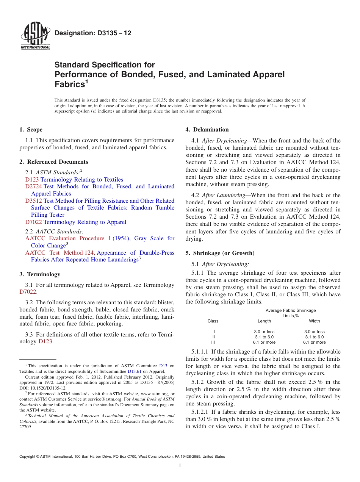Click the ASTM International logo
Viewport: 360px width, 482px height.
pyautogui.click(x=35, y=37)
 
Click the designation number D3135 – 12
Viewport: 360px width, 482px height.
pyautogui.click(x=93, y=33)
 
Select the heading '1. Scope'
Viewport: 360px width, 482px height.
pyautogui.click(x=31, y=130)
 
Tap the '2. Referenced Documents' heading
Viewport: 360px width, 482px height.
pyautogui.click(x=53, y=162)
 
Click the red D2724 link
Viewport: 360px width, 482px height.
pyautogui.click(x=34, y=186)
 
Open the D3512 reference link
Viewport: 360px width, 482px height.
pyautogui.click(x=34, y=201)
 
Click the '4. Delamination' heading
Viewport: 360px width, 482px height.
pyautogui.click(x=207, y=130)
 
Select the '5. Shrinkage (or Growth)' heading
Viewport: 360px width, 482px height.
pyautogui.click(x=220, y=253)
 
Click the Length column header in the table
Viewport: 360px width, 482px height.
pyautogui.click(x=264, y=321)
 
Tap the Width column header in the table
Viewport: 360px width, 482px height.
pyautogui.click(x=314, y=321)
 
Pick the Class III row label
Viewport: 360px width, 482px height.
pyautogui.click(x=213, y=342)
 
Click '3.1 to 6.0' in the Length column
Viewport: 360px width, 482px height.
pyautogui.click(x=264, y=337)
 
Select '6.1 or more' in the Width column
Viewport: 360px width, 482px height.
pyautogui.click(x=314, y=342)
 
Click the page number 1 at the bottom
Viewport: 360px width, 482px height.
pyautogui.click(x=180, y=466)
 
